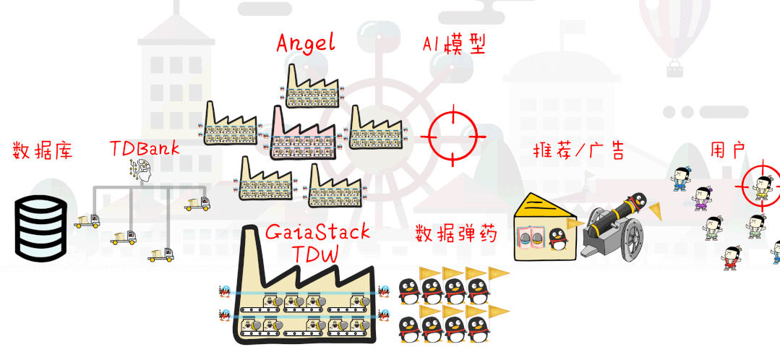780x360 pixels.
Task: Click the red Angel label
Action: pos(306,43)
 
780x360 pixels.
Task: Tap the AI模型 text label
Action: pos(453,44)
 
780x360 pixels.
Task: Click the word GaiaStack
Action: pos(317,232)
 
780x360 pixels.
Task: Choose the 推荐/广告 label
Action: pos(578,151)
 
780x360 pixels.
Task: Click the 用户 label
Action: pos(727,150)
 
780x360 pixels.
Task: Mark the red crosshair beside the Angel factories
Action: pos(453,134)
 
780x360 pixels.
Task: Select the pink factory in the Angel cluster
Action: pos(302,134)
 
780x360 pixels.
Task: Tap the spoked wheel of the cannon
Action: pos(625,239)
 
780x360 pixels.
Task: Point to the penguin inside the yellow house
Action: pos(556,239)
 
